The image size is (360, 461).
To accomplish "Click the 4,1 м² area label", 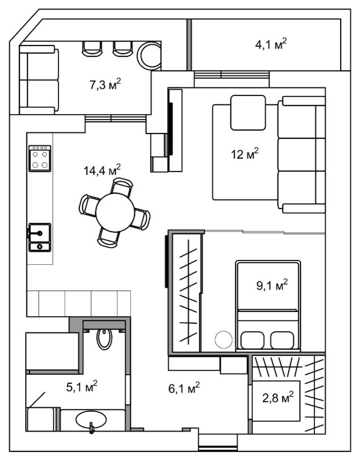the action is coord(271,44).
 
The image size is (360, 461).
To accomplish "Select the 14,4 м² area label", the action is coord(102,169).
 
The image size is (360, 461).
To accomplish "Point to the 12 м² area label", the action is coord(245,153).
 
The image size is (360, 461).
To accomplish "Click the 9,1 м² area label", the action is coord(272,285).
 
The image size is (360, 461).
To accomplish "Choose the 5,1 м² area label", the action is coord(82,386).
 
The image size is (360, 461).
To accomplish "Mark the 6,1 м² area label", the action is coord(184,388).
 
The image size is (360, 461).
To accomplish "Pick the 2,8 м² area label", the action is coord(277,398).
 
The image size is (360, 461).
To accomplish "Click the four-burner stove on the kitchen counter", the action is coord(40,159).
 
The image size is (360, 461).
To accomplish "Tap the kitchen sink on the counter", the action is coord(40,237).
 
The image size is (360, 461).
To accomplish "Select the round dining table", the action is coord(115,212).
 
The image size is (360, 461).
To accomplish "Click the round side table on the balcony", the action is coord(149,56).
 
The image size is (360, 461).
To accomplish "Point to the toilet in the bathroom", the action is coord(104,338).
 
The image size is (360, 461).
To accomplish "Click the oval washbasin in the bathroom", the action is coord(91,420).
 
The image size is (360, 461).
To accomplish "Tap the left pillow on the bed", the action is coord(252,340).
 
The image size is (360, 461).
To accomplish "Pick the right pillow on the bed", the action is coord(282,340).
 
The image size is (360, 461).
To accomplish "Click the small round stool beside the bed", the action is coord(223,340).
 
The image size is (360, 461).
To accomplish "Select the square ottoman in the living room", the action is coord(248,113).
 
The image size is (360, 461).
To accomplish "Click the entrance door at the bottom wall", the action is coord(217,448).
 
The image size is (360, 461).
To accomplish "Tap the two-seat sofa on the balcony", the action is coord(39,80).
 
